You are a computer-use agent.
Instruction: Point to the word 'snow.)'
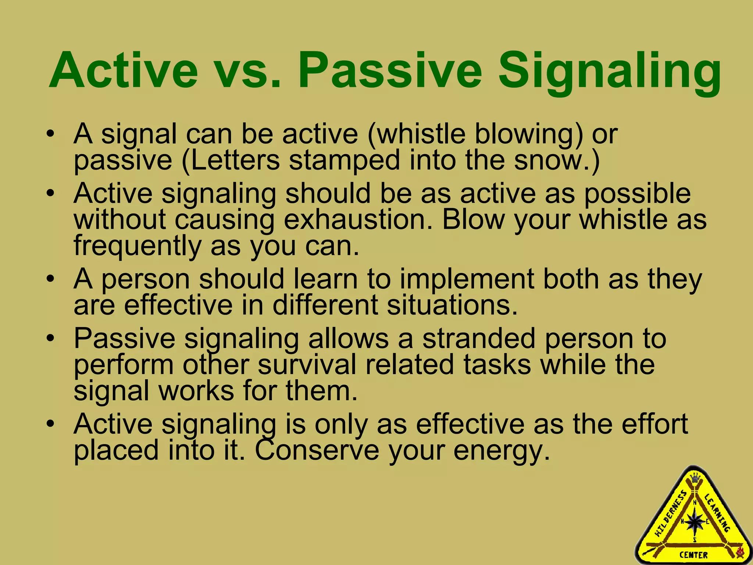(557, 160)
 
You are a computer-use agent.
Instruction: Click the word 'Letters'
(235, 160)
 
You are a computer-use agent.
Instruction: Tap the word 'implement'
(467, 279)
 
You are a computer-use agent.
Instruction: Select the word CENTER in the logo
(693, 555)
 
